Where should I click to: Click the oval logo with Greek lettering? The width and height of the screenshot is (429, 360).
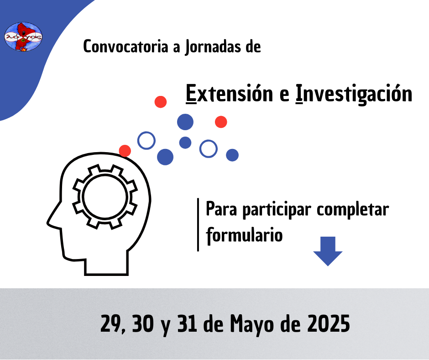point(23,37)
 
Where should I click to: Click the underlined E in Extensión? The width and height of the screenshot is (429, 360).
point(191,93)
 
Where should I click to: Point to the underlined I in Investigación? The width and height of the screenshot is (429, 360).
point(299,93)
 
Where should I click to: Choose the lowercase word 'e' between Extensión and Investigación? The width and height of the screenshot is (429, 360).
point(284,95)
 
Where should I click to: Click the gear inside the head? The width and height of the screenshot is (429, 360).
point(105,197)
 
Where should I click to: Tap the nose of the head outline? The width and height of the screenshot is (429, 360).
point(49,222)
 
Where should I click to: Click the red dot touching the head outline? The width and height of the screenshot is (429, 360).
point(125,151)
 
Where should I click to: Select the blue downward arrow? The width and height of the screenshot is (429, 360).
point(328,251)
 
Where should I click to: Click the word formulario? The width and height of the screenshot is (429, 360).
point(244,235)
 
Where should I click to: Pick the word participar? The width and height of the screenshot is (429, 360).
point(277,210)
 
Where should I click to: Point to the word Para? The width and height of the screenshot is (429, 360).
point(221,209)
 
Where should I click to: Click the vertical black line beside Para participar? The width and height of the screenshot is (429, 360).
point(198,224)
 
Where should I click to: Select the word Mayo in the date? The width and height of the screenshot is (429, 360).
point(252,324)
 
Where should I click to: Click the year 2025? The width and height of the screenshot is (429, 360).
point(328,323)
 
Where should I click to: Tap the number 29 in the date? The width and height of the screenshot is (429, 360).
point(111,323)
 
